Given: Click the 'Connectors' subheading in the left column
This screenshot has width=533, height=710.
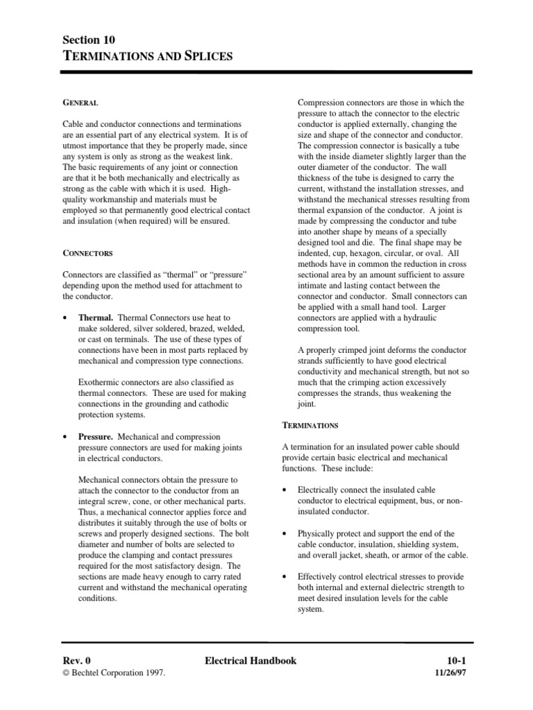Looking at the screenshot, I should (x=87, y=254).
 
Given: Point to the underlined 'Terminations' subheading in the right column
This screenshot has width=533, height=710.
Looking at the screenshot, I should (x=310, y=424).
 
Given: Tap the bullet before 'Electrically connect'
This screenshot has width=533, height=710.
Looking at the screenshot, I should (x=285, y=490).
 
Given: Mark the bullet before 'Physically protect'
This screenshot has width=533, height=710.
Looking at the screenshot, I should (x=285, y=534).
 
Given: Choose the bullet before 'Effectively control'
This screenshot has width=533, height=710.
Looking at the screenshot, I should (x=285, y=577).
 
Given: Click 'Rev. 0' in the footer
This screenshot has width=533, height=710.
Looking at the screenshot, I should (x=77, y=661).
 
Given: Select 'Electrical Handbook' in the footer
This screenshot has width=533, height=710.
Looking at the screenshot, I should (x=251, y=661).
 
